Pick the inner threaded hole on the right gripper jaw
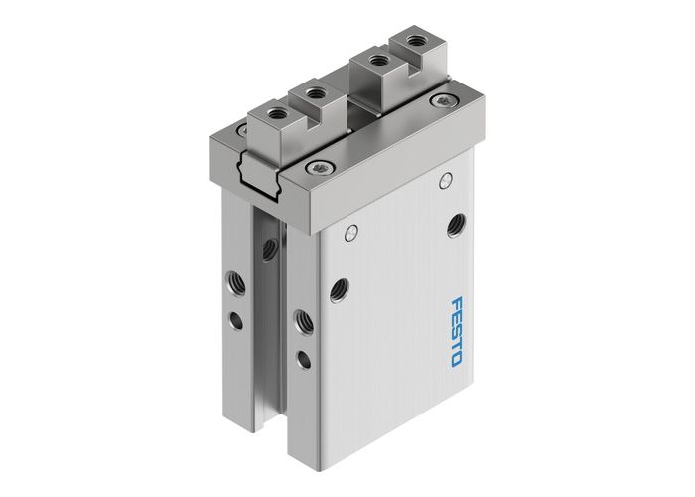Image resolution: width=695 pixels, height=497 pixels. pyautogui.click(x=377, y=62)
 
